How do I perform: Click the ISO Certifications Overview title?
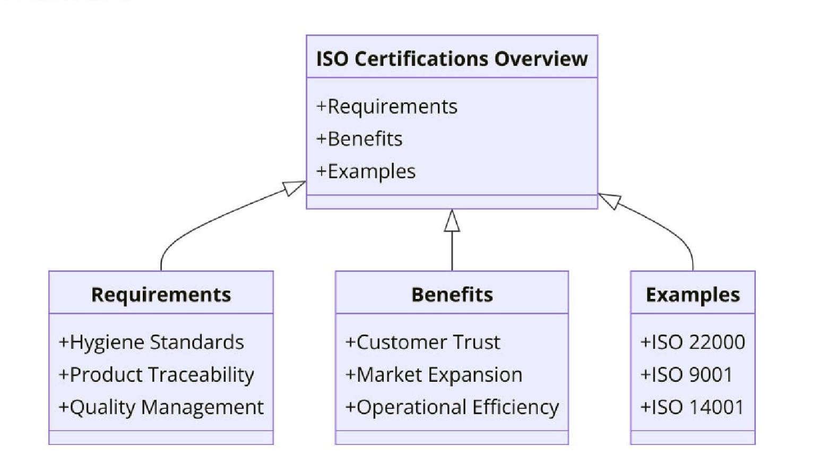click(x=451, y=58)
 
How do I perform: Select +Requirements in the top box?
click(x=386, y=107)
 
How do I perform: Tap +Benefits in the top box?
click(x=359, y=139)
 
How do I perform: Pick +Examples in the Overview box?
click(x=366, y=172)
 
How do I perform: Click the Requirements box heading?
click(x=161, y=295)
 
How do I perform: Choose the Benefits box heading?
click(x=452, y=295)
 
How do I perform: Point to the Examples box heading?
click(x=692, y=295)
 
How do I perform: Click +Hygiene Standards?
click(x=151, y=342)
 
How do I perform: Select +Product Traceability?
click(x=156, y=375)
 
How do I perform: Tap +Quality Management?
click(x=161, y=407)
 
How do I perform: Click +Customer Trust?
click(x=423, y=342)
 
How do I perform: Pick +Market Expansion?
click(x=434, y=375)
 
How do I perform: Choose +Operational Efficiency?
click(x=452, y=407)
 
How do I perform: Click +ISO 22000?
click(x=692, y=342)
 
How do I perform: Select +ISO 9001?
click(x=686, y=375)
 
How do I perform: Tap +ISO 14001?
click(x=692, y=407)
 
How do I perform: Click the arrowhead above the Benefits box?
click(x=452, y=221)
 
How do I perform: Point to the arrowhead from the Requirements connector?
click(x=294, y=187)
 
